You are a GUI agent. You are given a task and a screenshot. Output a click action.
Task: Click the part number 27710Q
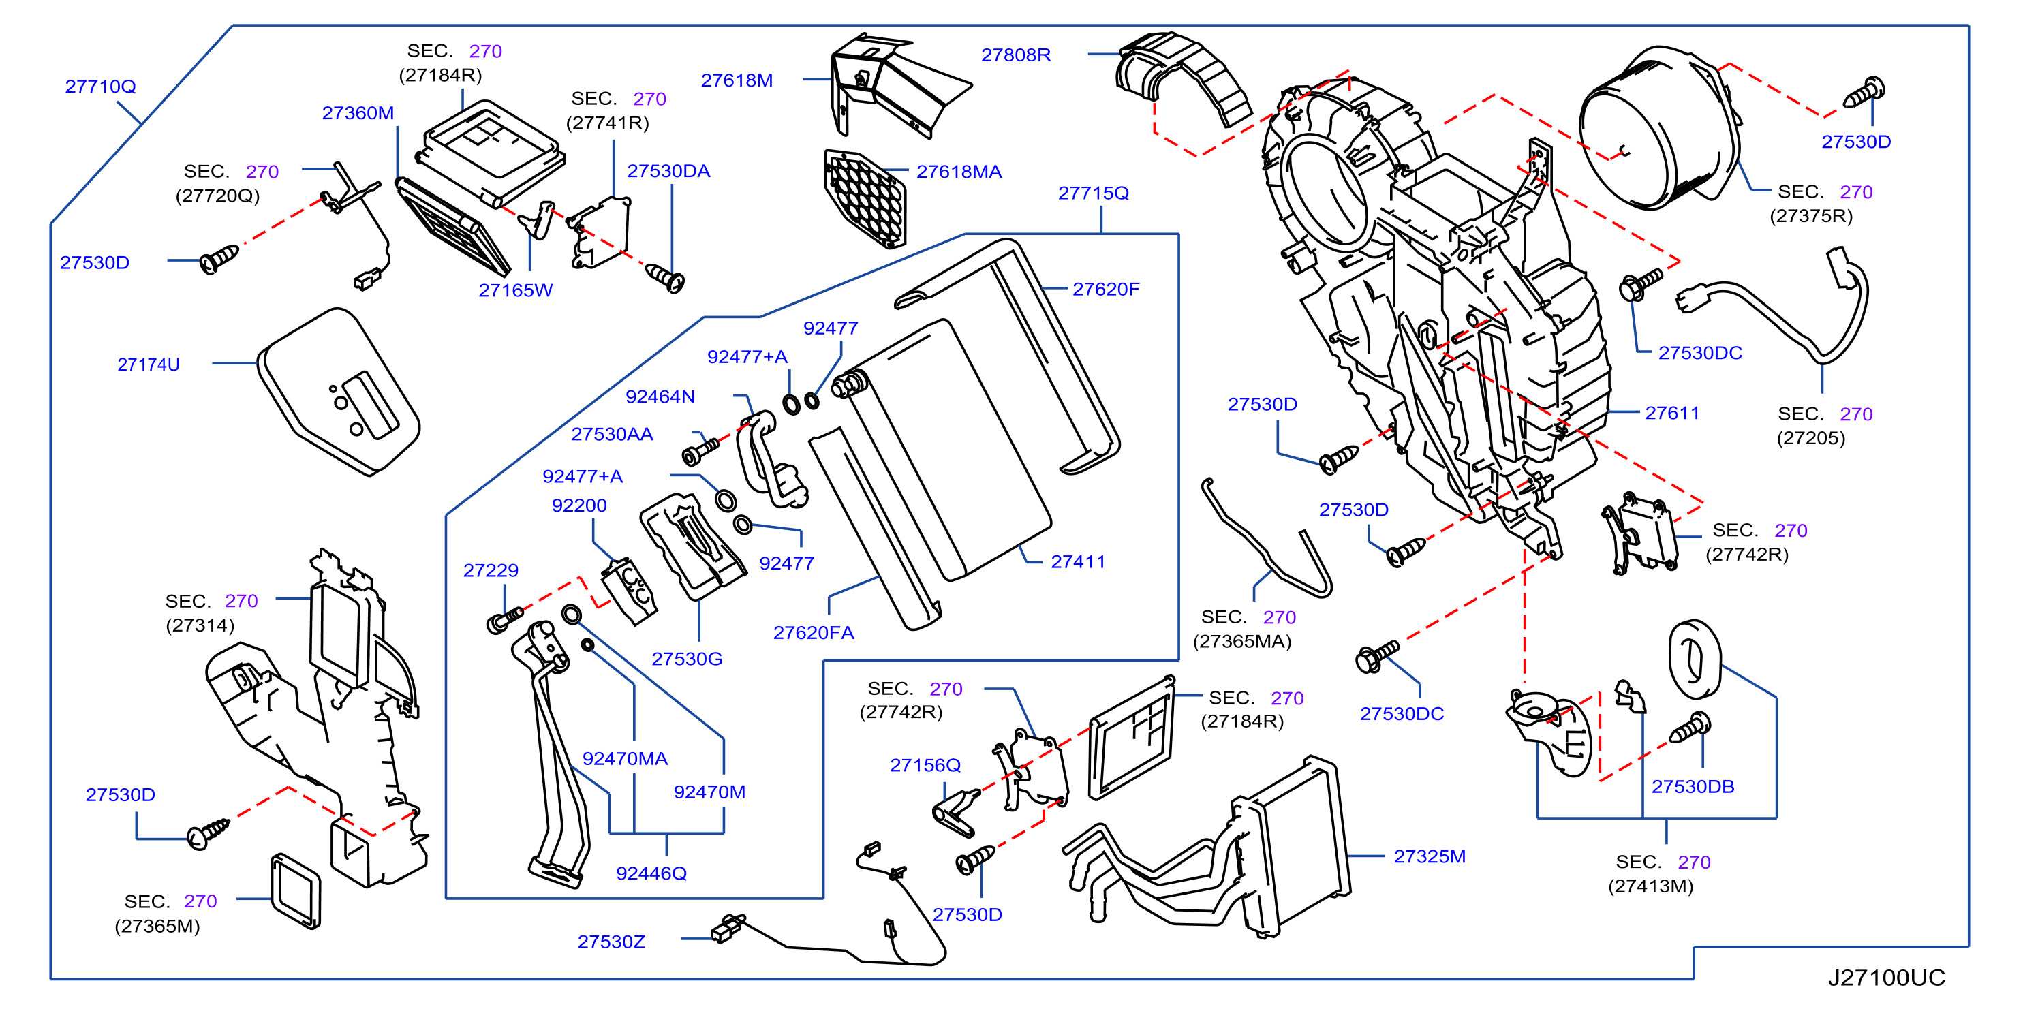[101, 87]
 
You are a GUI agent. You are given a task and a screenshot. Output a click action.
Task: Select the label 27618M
[737, 80]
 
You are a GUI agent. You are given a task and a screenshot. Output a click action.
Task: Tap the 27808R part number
[1015, 55]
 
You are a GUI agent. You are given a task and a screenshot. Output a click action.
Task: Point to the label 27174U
[149, 364]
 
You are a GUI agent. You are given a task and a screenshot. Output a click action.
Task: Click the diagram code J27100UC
[1886, 977]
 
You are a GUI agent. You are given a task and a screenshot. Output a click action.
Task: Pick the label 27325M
[1430, 856]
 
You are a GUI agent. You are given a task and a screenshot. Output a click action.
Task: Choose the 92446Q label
[651, 873]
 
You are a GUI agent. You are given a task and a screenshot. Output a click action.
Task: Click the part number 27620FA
[813, 633]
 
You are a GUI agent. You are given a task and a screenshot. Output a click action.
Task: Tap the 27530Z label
[611, 941]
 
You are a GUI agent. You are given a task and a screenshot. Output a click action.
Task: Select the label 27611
[1672, 413]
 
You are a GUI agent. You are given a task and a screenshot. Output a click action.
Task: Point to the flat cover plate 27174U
[339, 391]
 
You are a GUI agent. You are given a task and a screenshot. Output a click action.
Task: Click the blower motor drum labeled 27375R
[1658, 129]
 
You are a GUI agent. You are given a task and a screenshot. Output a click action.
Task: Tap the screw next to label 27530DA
[665, 277]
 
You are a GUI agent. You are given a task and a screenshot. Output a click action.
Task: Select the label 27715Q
[1093, 193]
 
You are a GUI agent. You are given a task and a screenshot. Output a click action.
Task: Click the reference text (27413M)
[1651, 886]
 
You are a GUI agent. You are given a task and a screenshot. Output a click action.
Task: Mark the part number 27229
[491, 571]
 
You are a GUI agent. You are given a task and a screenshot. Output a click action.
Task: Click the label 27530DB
[1693, 786]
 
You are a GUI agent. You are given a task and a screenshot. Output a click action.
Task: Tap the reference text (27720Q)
[217, 196]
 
